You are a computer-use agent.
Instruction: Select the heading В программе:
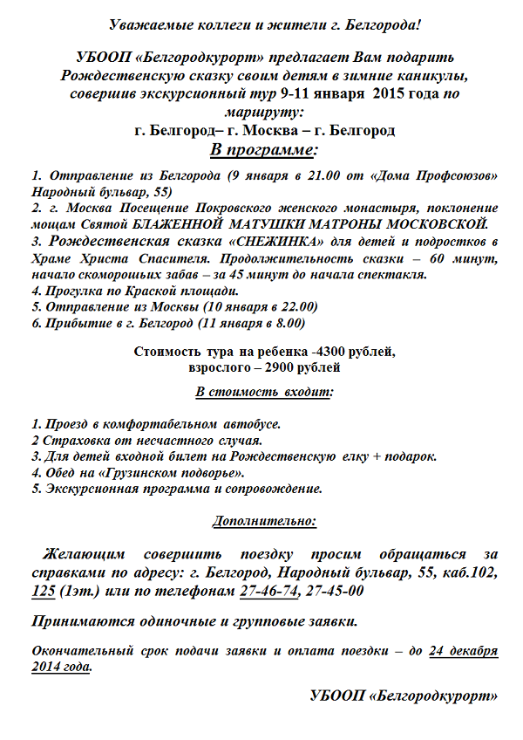[261, 150]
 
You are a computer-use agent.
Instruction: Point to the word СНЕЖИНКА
[270, 242]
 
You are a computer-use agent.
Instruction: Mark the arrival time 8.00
[289, 323]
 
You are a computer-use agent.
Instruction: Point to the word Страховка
[72, 440]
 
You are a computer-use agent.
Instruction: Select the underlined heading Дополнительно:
[264, 522]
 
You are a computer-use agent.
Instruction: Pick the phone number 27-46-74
[268, 591]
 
